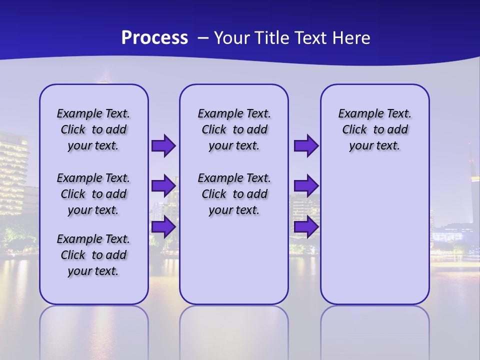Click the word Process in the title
(154, 38)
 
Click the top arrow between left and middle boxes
(163, 146)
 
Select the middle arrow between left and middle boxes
(163, 186)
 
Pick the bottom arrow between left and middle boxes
(163, 226)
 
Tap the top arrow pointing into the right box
(306, 146)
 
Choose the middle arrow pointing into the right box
(306, 186)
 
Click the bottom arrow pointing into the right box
(306, 226)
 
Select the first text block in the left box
(93, 129)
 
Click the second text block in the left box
(93, 194)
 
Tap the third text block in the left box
(93, 255)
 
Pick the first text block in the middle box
(234, 129)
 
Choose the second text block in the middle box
(234, 194)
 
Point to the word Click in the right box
(354, 130)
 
